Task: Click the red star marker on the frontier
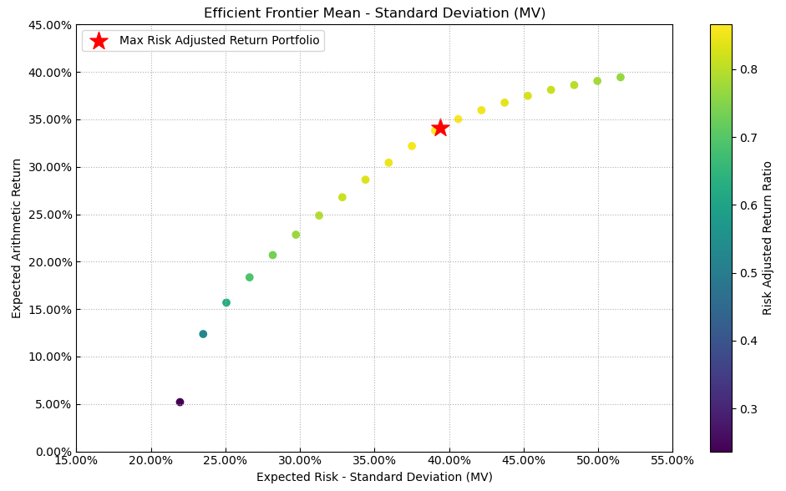tap(440, 128)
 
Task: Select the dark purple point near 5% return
tap(180, 402)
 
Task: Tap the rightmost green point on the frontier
tap(621, 78)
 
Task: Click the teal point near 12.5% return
tap(203, 334)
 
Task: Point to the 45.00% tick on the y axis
tap(48, 25)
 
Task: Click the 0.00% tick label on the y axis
tap(52, 452)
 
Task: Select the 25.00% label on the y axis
tap(48, 215)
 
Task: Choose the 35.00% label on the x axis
tap(374, 460)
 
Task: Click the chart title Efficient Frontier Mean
tap(374, 13)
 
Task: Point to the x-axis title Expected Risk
tap(374, 477)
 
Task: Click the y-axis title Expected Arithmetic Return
tap(17, 238)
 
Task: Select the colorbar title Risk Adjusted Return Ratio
tap(768, 238)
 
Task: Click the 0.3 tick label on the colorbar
tap(749, 408)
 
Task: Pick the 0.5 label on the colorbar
tap(749, 273)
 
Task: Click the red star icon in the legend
tap(99, 41)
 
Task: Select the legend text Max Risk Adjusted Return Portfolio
tap(219, 41)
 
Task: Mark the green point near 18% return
tap(249, 277)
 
